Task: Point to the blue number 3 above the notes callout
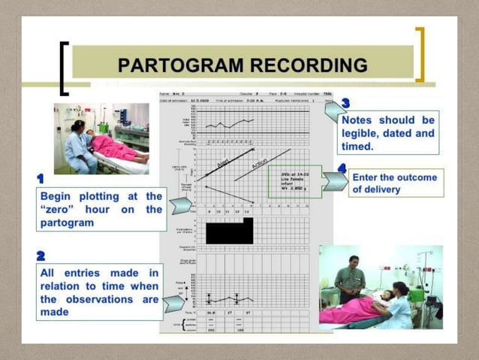[x=345, y=103]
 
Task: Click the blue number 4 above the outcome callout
[x=342, y=167]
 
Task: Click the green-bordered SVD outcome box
[x=295, y=181]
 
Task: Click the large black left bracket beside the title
[x=65, y=68]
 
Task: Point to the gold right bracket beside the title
[x=420, y=54]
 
